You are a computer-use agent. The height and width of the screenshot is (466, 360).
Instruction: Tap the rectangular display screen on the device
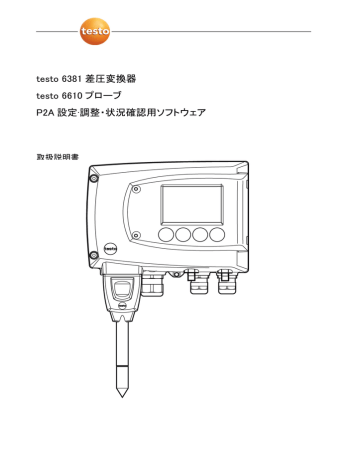(x=192, y=206)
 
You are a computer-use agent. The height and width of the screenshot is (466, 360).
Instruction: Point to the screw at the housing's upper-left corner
(x=93, y=180)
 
